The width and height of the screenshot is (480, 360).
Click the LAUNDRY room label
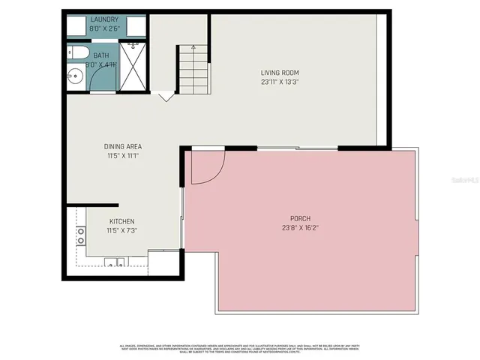[104, 19]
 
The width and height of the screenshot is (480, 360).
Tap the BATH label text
[100, 55]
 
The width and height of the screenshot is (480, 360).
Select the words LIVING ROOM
[280, 73]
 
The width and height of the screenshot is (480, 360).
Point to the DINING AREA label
[123, 146]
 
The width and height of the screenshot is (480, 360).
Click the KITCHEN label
[122, 221]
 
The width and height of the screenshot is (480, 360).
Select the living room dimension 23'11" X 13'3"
[280, 82]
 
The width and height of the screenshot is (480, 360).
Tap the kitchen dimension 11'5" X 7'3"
[122, 230]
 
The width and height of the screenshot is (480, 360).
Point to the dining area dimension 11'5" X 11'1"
[123, 155]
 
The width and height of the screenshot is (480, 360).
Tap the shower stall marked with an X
[133, 67]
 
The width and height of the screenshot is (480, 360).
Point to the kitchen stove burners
[80, 236]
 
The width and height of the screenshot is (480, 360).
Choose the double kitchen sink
[114, 262]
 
